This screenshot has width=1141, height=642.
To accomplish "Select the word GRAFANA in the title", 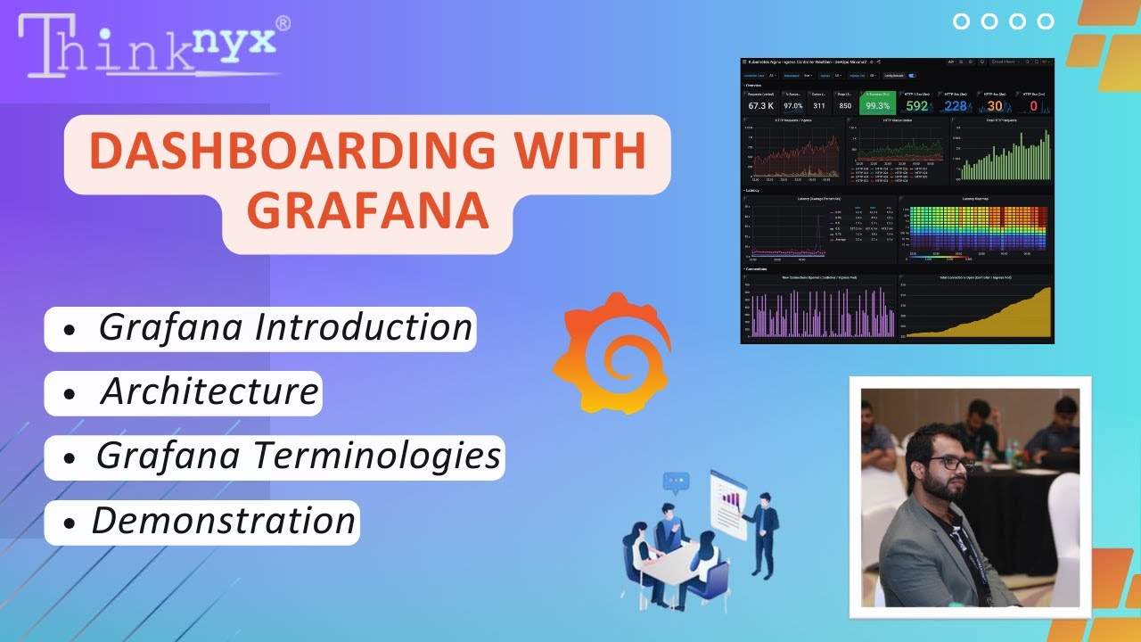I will point(367,211).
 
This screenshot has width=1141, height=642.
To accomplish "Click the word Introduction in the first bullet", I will point(363,327).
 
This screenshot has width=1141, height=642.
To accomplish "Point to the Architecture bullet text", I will point(209,391).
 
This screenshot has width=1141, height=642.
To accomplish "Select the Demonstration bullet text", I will point(224,521).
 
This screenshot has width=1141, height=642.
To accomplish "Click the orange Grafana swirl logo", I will point(612,353).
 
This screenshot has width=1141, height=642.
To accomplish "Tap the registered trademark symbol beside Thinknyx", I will point(283,23).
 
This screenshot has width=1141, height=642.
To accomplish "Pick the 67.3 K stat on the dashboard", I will point(760,105).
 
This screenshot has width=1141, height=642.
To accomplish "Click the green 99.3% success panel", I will point(876,105).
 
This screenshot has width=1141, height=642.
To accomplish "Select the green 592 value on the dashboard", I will point(917,106).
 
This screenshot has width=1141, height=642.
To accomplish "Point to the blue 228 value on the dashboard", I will point(955,106).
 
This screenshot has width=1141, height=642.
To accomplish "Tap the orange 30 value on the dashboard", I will point(994,106).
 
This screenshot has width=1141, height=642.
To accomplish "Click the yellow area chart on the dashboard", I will point(989,317).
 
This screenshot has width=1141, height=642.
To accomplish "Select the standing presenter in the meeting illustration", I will point(762,539).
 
